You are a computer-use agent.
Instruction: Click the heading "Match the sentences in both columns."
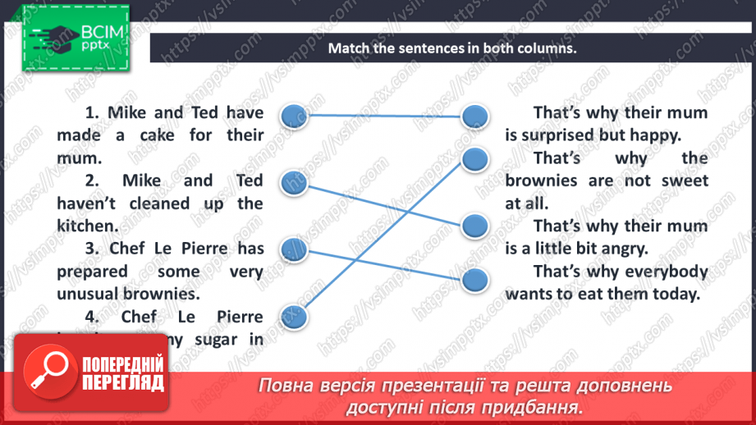[452, 48]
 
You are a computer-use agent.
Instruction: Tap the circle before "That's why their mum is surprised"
[474, 117]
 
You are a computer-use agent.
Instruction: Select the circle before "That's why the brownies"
[474, 159]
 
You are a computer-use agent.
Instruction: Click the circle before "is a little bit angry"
[474, 225]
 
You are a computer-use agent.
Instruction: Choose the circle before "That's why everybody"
[474, 281]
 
